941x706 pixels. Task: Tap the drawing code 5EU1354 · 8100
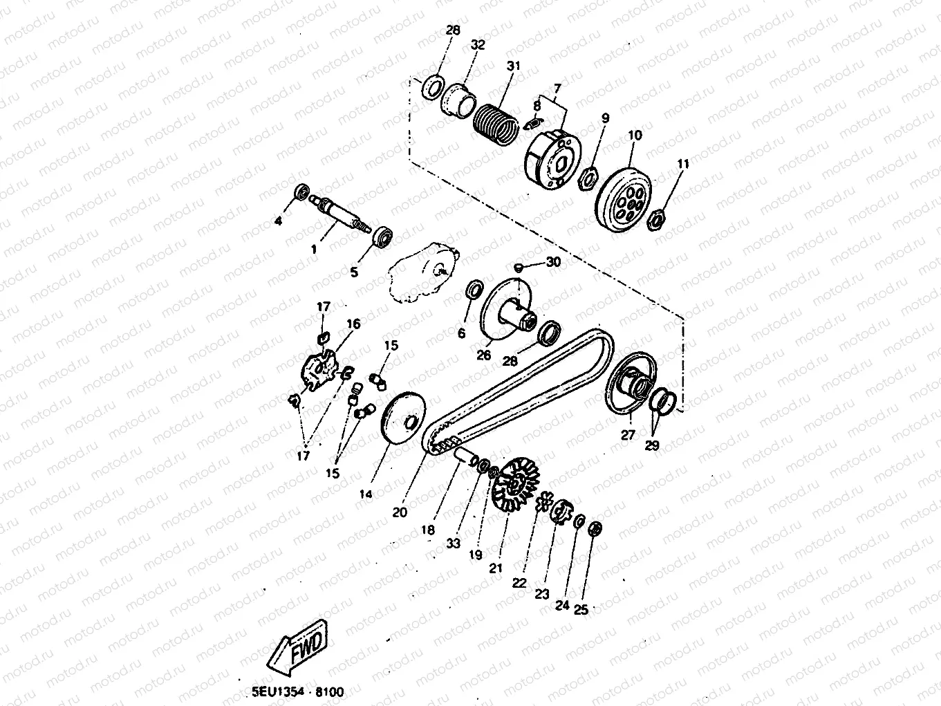(x=297, y=692)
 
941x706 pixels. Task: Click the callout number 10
(x=635, y=135)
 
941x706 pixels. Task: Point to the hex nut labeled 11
(x=656, y=219)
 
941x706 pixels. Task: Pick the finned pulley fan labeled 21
(x=516, y=484)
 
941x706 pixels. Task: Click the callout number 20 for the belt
(x=400, y=512)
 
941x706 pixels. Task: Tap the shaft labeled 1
(x=341, y=214)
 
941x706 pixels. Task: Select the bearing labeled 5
(x=382, y=236)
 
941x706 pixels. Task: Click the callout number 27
(x=628, y=435)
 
